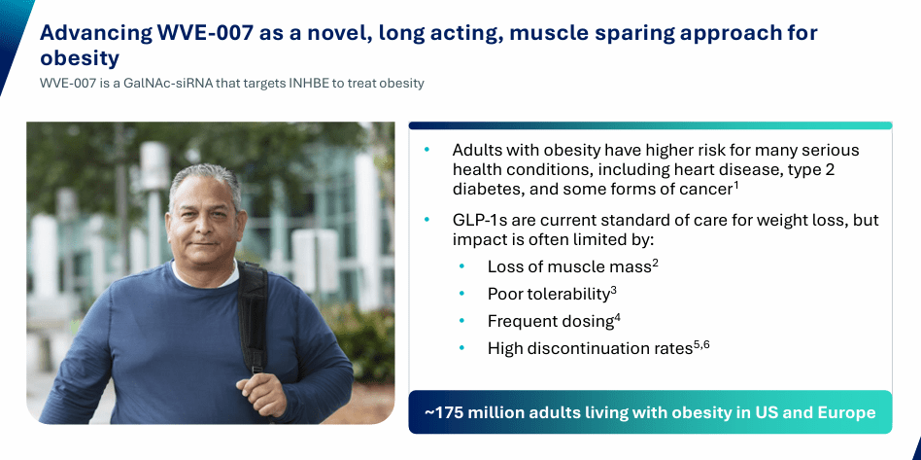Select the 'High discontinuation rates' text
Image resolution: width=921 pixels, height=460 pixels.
590,348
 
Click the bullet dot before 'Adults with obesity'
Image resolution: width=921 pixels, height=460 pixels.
427,151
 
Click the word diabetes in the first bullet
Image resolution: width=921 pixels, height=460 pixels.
489,188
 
